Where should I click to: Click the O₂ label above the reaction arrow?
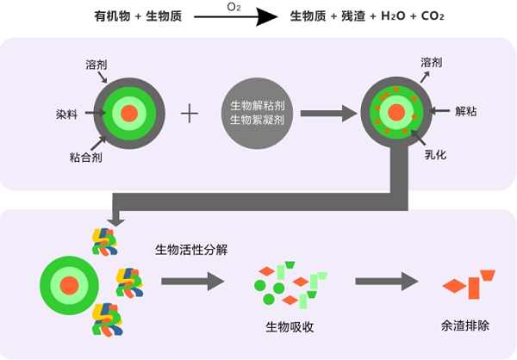coord(233,7)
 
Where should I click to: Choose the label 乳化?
coord(434,157)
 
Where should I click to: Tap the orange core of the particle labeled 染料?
coord(129,114)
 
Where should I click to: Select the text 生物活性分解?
coord(190,251)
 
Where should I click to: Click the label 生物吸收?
coord(289,327)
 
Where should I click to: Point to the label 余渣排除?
coord(464,327)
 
